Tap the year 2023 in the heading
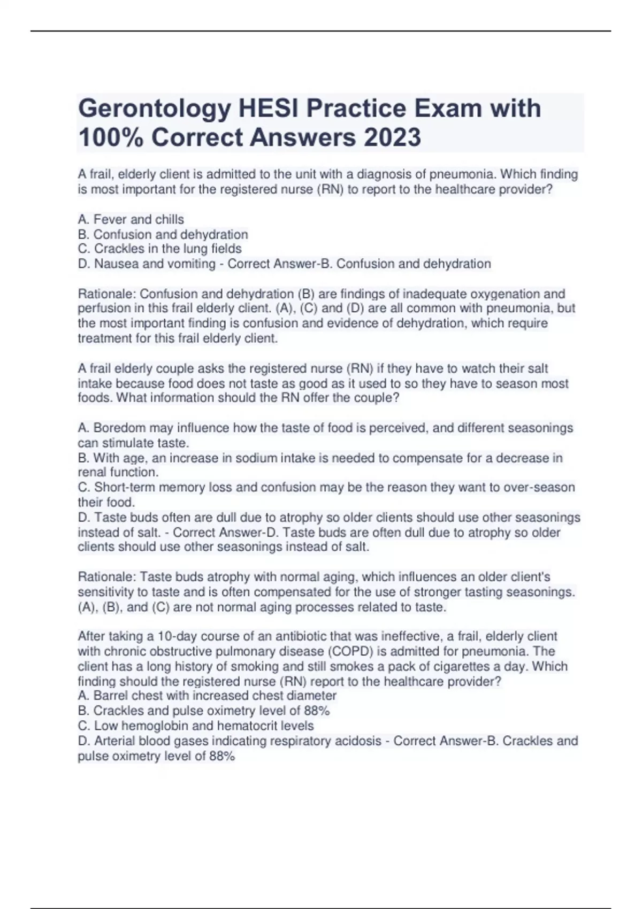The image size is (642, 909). click(392, 137)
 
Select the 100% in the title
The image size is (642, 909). click(110, 137)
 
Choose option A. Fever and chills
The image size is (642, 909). click(131, 219)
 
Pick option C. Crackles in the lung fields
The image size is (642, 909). click(159, 249)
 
